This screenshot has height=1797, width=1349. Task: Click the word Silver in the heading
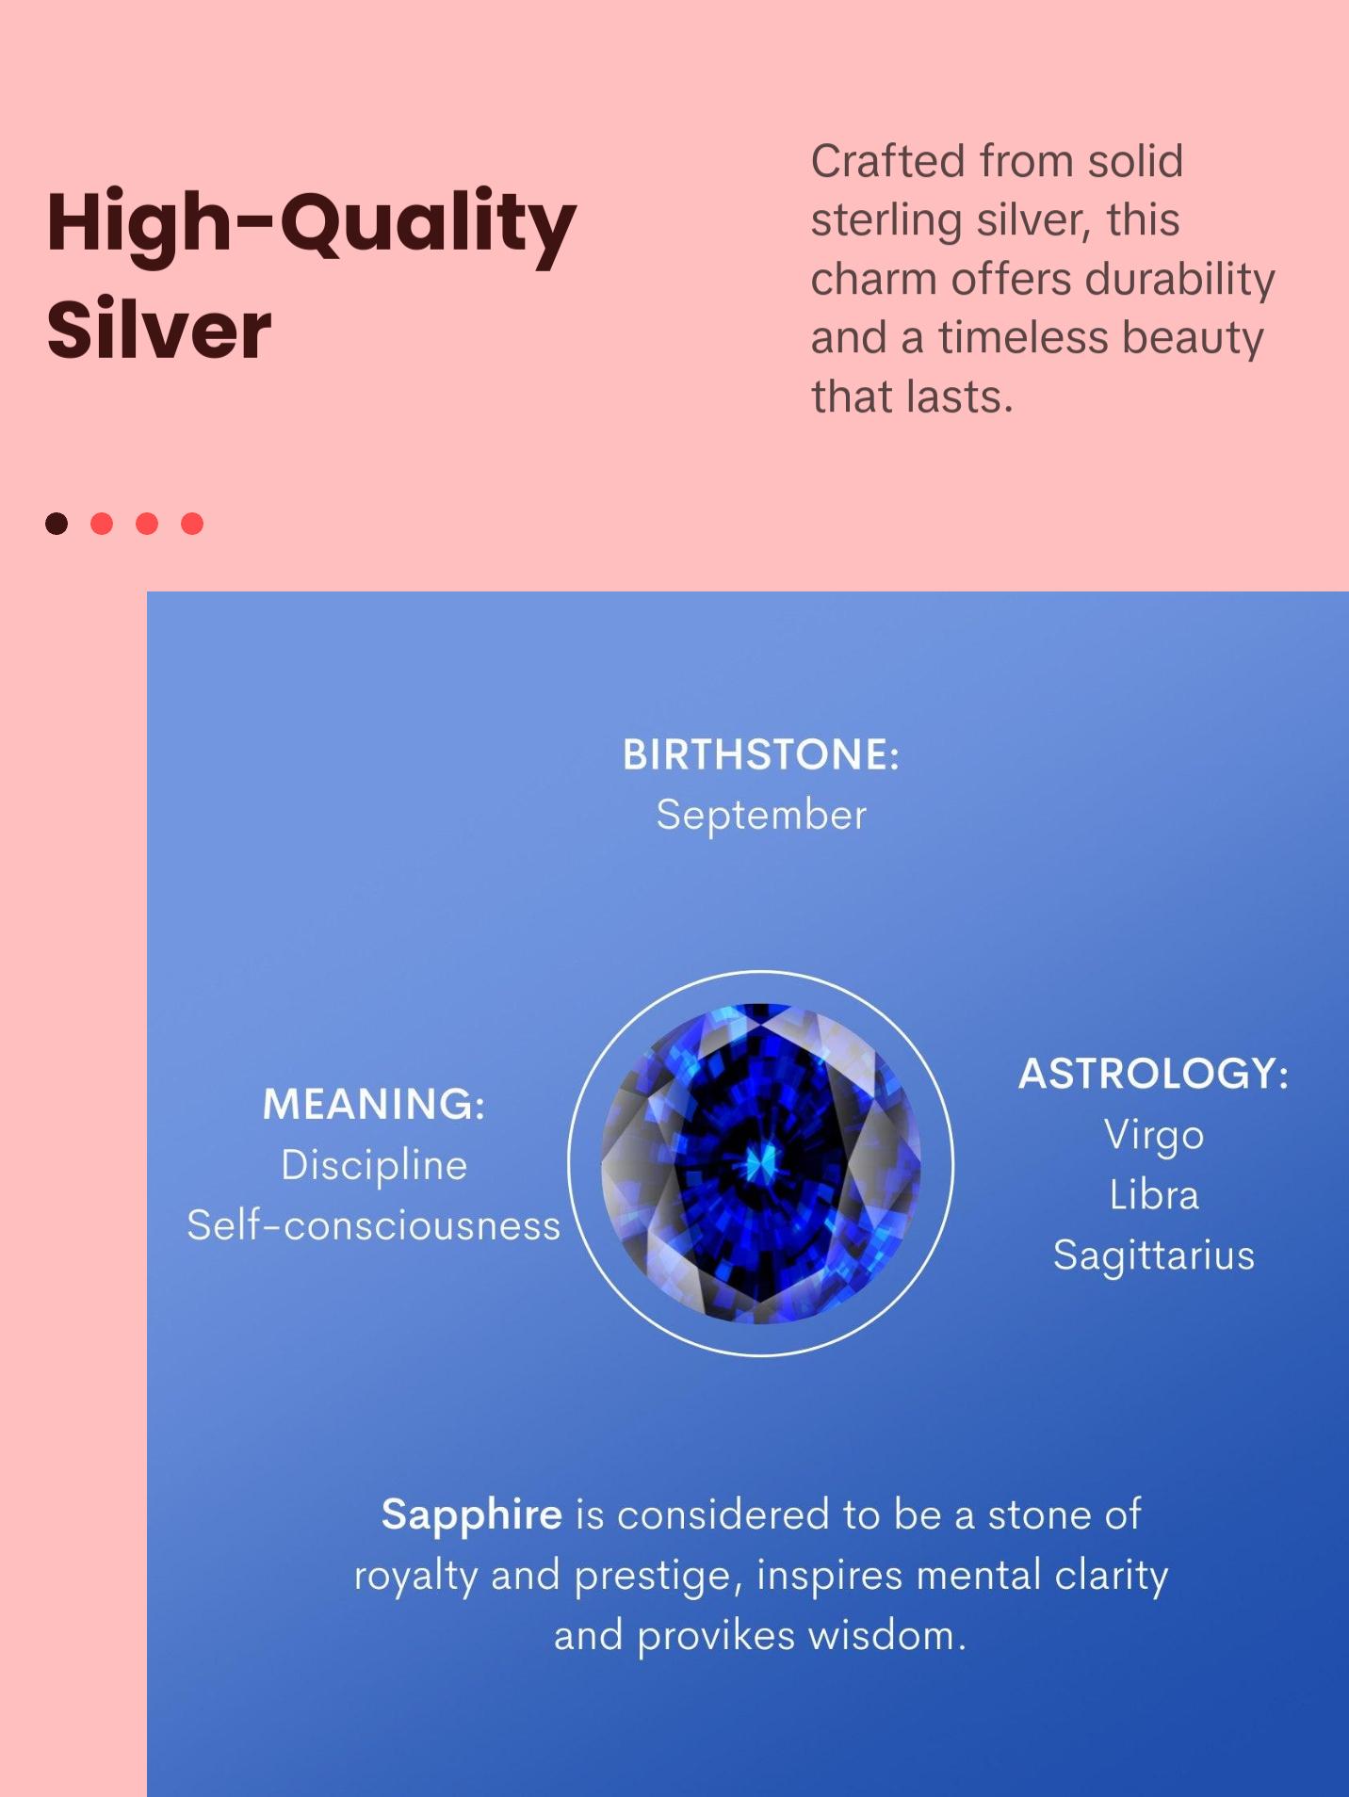tap(158, 330)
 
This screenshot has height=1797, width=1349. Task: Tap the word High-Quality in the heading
tap(311, 224)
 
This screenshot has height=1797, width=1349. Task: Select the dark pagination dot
tap(57, 524)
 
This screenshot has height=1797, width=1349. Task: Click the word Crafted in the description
tap(887, 161)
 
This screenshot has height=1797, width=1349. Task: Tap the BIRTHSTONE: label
tap(761, 754)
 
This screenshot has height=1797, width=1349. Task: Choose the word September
tap(761, 816)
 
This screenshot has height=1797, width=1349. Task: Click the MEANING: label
tap(374, 1104)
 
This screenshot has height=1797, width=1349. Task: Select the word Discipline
tap(374, 1165)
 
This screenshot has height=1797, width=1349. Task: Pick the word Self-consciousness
tap(374, 1225)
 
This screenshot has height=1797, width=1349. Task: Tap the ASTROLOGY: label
tap(1154, 1074)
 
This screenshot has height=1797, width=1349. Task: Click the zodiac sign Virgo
tap(1154, 1135)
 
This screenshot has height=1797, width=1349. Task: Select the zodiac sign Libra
tap(1154, 1195)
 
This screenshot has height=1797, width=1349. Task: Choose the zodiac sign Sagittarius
tap(1154, 1255)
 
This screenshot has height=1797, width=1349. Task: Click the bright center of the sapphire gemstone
tap(760, 1164)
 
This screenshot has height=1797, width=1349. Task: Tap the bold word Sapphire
tap(472, 1514)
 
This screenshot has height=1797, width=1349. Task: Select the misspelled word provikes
tap(716, 1637)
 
